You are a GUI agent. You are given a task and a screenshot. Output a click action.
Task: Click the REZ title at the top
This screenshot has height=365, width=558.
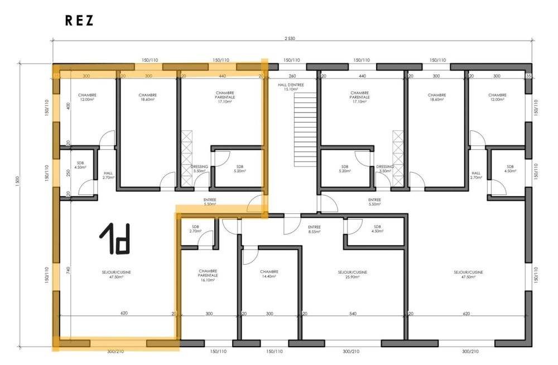(x=79, y=21)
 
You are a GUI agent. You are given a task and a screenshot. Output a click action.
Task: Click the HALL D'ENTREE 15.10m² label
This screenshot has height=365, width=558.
(x=291, y=87)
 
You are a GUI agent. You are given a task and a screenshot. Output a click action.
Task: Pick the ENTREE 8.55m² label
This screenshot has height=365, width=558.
(x=315, y=229)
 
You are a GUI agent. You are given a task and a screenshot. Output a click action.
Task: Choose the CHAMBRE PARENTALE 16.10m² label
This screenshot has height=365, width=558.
(x=208, y=275)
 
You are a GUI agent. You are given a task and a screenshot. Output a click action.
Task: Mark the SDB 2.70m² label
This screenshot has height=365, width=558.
(x=195, y=228)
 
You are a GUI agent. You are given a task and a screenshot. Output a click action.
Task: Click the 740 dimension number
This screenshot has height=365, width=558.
(x=68, y=270)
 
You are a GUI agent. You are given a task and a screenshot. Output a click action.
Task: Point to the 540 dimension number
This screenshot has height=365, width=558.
(x=352, y=314)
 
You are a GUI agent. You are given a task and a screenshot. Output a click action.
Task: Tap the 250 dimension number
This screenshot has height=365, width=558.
(x=68, y=173)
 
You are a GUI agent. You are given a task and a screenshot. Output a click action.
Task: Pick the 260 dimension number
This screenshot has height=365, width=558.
(x=291, y=76)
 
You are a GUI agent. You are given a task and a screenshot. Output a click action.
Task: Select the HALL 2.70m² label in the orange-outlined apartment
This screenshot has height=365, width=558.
(x=108, y=175)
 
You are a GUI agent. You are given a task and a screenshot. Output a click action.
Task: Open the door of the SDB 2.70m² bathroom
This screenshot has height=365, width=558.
(x=207, y=239)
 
